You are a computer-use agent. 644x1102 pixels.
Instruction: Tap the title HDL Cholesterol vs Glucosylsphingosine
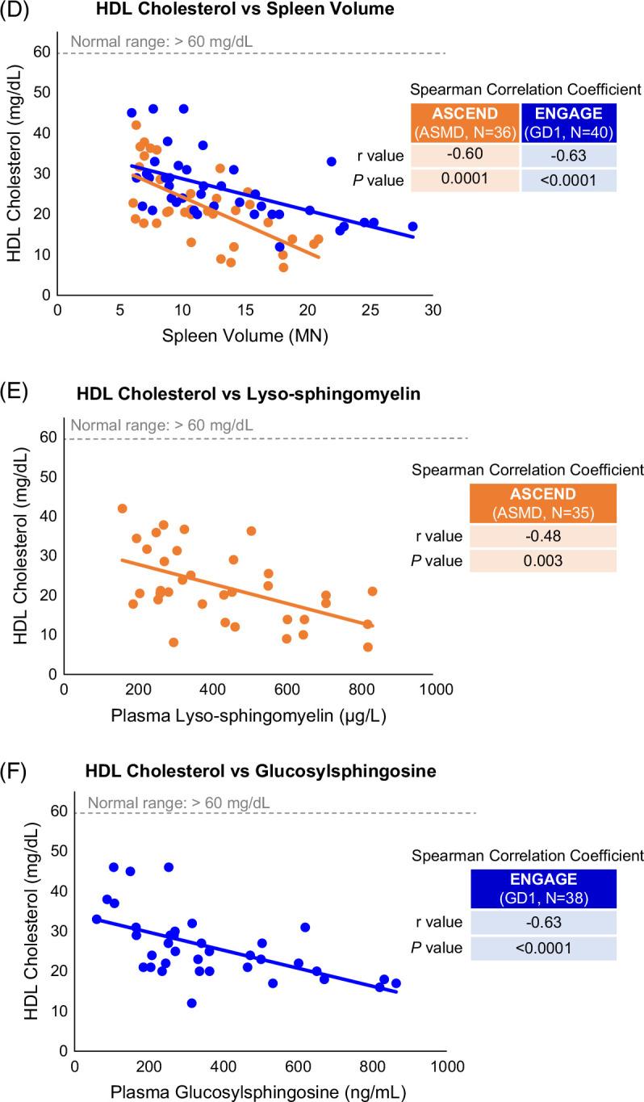(x=257, y=772)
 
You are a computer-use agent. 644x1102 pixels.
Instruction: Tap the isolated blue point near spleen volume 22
(x=331, y=161)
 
